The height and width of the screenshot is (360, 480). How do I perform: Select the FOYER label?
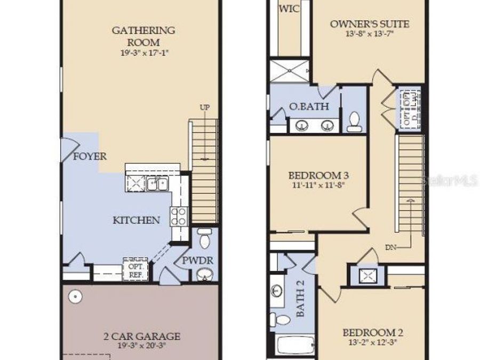pos(90,157)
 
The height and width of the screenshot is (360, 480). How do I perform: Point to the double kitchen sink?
pos(157,184)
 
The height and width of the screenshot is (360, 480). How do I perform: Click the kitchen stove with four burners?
pos(179,215)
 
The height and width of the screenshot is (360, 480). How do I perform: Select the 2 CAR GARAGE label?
pos(141,337)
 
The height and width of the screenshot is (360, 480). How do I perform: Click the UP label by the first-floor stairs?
pos(205,108)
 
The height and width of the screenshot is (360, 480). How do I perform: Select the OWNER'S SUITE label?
pos(370,24)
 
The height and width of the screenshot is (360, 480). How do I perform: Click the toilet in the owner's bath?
pos(354,121)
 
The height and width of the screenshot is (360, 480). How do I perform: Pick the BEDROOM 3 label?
pos(318,175)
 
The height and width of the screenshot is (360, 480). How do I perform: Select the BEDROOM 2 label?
pos(373,333)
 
